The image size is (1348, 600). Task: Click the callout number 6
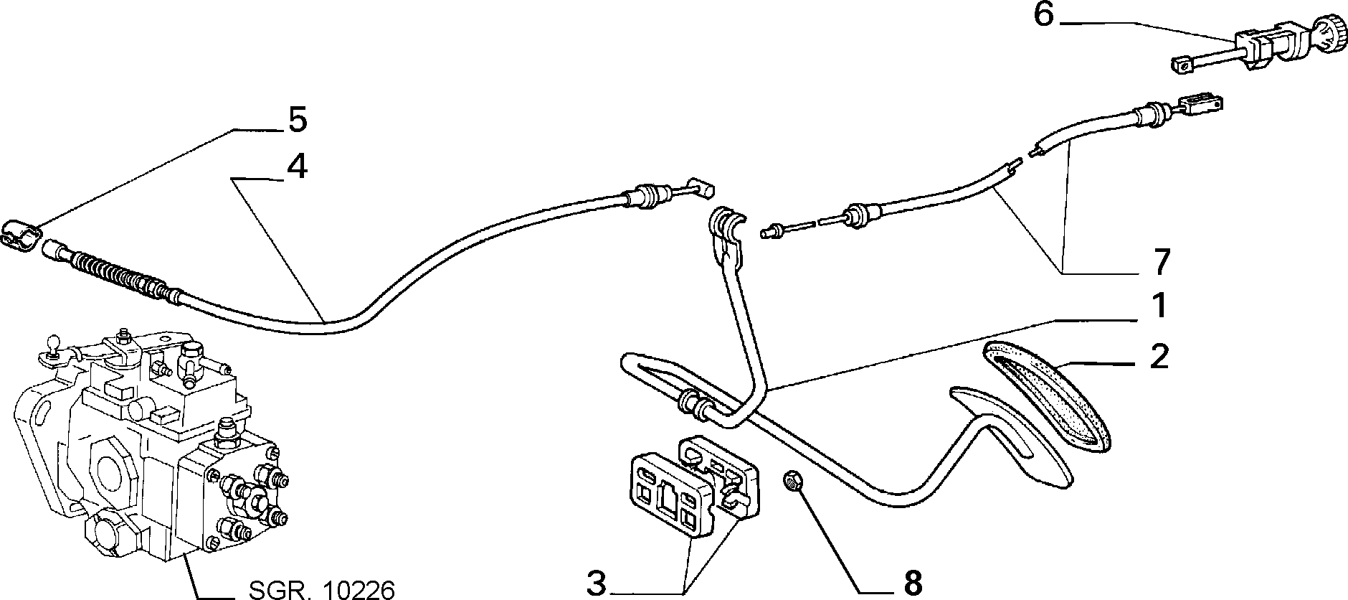[1044, 15]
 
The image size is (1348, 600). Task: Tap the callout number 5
[297, 120]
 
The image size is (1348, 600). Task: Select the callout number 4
[297, 167]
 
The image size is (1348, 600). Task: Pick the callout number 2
[1159, 357]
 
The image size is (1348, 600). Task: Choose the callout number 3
[597, 583]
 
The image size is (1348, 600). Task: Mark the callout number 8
[913, 583]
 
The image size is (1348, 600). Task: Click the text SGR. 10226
[321, 590]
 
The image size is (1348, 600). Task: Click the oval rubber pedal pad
[1045, 395]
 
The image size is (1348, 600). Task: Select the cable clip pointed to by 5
[21, 234]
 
